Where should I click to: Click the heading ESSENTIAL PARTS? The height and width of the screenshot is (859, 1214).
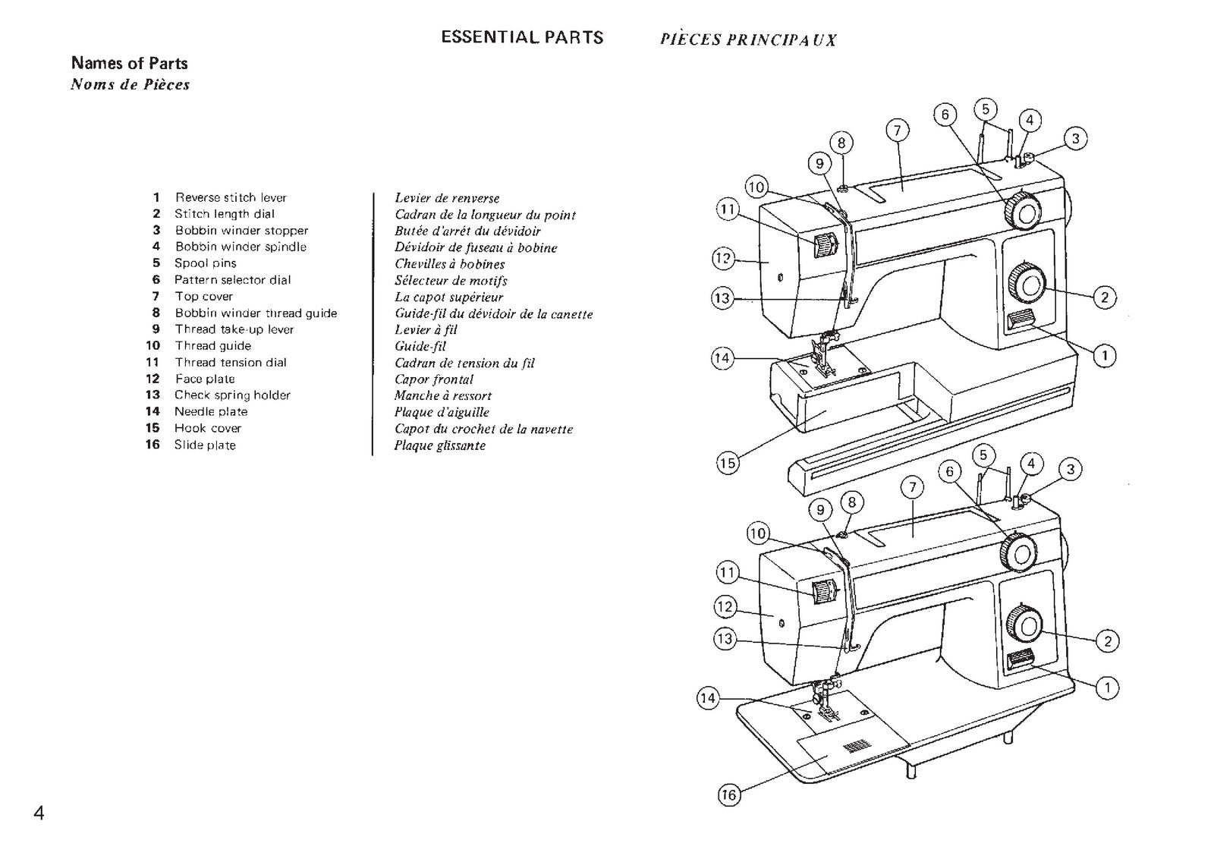point(522,37)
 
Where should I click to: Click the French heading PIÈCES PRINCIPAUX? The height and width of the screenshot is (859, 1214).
point(747,40)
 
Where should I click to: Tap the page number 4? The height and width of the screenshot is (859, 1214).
point(39,813)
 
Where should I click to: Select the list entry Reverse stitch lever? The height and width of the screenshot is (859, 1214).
point(231,197)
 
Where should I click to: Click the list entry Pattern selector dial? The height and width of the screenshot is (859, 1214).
point(232,280)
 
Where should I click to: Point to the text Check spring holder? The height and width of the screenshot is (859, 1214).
point(232,395)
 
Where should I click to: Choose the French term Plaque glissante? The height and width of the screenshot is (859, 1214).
point(439,445)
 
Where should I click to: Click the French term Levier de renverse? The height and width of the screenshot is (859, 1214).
point(447,198)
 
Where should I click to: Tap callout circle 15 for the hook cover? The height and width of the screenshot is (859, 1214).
point(728,463)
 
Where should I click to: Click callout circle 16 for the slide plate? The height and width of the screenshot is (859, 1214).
point(728,794)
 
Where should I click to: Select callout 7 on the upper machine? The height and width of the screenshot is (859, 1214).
point(897,131)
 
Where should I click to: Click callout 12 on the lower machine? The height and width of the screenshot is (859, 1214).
point(725,606)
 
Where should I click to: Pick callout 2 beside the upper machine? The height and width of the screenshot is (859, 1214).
point(1104,297)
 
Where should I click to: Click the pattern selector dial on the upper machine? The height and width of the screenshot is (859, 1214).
point(1022,210)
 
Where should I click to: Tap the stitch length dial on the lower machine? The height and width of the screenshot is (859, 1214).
point(1025,625)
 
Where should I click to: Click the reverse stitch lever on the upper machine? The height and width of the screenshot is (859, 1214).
point(1020,322)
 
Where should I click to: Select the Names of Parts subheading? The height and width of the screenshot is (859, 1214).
point(129,64)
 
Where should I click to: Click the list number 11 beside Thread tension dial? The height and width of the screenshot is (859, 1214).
point(153,363)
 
